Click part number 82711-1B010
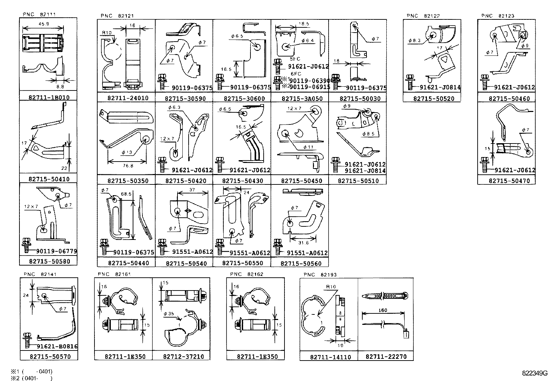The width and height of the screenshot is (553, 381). (49, 97)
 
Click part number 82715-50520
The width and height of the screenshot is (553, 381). (432, 99)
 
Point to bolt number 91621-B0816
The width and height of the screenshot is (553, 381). (57, 346)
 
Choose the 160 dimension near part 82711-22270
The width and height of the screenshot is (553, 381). (383, 310)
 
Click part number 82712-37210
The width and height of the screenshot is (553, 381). (181, 356)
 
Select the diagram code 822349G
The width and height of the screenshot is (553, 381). (534, 373)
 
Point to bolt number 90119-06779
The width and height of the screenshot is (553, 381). (56, 251)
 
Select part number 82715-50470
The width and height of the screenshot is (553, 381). (507, 181)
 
